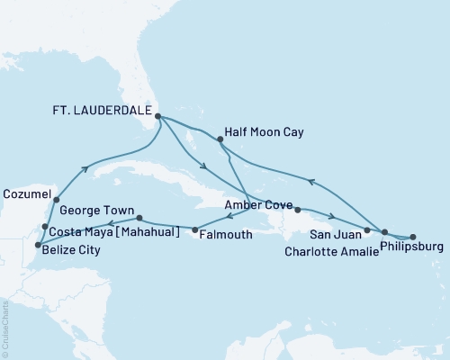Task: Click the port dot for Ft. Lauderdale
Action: pos(157,116)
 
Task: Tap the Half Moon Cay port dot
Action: pos(220,139)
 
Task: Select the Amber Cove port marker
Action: pos(297,212)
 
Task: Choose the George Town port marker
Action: pos(139,218)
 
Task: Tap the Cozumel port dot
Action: pos(57,200)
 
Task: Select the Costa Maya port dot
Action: pos(45,226)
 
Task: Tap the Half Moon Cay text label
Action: pos(266,132)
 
